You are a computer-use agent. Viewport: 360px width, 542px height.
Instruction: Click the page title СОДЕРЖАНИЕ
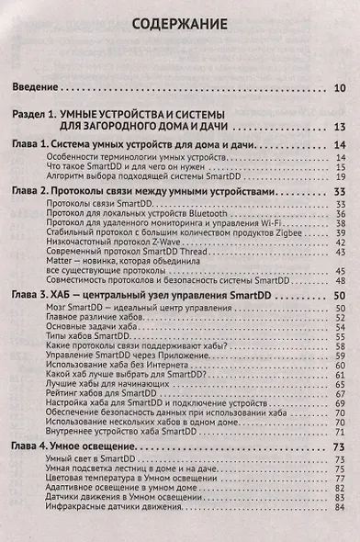click(x=179, y=24)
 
